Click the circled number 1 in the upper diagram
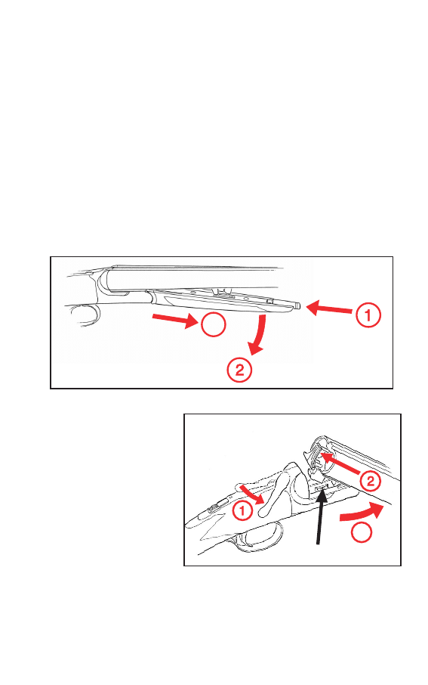(x=368, y=315)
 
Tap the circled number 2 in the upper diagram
(x=239, y=370)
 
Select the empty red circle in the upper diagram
(x=213, y=324)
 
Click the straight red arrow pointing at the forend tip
(x=329, y=308)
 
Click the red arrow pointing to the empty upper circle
(x=175, y=320)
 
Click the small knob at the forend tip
(x=297, y=305)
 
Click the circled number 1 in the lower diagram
(x=242, y=510)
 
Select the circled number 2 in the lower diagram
(x=370, y=481)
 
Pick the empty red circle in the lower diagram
(x=362, y=532)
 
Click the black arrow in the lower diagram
(x=321, y=516)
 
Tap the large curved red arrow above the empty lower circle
(x=362, y=512)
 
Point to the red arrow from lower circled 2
(x=340, y=463)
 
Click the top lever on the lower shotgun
(x=275, y=489)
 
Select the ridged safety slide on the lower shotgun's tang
(x=214, y=507)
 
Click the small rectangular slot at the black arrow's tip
(x=322, y=486)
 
